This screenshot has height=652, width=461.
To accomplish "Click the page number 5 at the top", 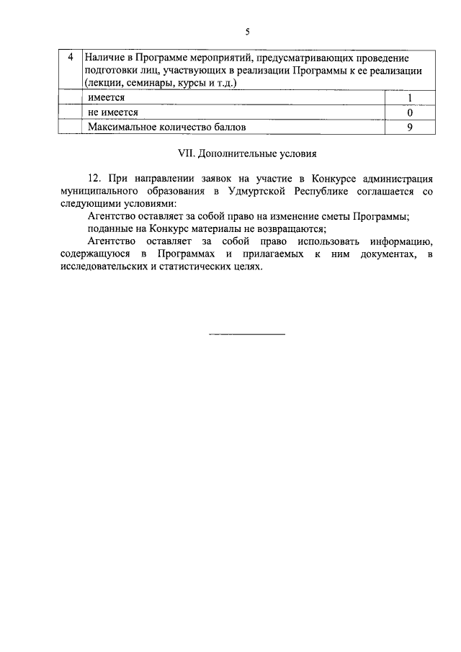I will click(246, 32).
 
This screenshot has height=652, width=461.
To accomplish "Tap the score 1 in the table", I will click(409, 98).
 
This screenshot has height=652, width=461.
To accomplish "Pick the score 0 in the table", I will click(409, 112).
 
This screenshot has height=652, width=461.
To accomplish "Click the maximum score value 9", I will click(409, 128).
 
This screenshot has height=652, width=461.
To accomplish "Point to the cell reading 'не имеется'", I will click(113, 112).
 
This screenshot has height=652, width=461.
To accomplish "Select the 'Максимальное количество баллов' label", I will click(167, 128).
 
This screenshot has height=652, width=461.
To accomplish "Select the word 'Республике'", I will click(331, 190).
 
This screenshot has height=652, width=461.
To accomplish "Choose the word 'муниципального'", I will click(97, 190).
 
